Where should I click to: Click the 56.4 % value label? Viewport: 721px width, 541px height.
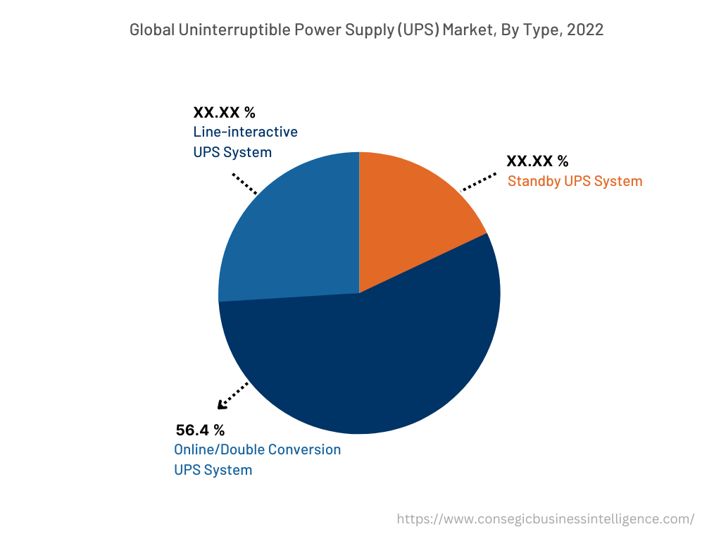pos(200,430)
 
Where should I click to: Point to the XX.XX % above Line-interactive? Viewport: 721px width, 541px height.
pos(224,112)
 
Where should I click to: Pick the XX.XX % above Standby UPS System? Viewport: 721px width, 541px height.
pos(537,161)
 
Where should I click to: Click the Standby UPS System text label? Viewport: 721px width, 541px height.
pos(575,181)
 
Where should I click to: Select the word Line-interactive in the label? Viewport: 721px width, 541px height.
pos(245,132)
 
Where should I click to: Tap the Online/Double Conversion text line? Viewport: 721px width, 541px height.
pos(257,449)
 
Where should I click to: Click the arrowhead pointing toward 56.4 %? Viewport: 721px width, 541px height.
pos(222,404)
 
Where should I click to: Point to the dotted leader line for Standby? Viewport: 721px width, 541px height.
pos(479,182)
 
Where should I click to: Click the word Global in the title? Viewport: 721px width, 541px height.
pos(152,30)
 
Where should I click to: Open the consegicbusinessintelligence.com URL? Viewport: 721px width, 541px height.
pos(545,519)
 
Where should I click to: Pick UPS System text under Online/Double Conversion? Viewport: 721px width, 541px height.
pos(213,470)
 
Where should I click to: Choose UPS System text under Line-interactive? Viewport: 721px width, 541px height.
pos(232,152)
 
